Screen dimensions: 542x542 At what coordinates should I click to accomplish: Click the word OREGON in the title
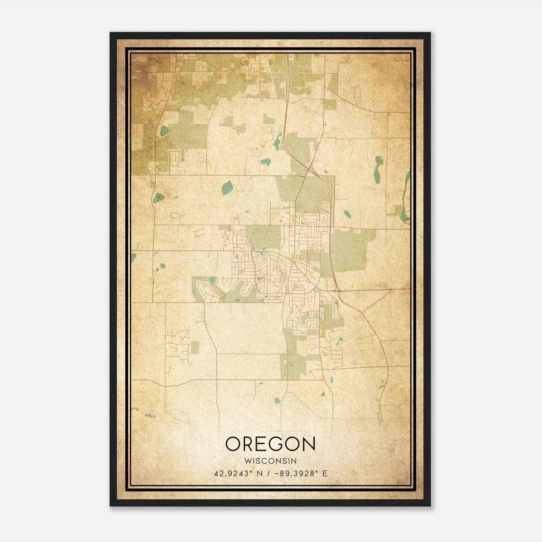pyautogui.click(x=270, y=444)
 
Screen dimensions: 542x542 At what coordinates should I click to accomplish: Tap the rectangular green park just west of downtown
pyautogui.click(x=264, y=238)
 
